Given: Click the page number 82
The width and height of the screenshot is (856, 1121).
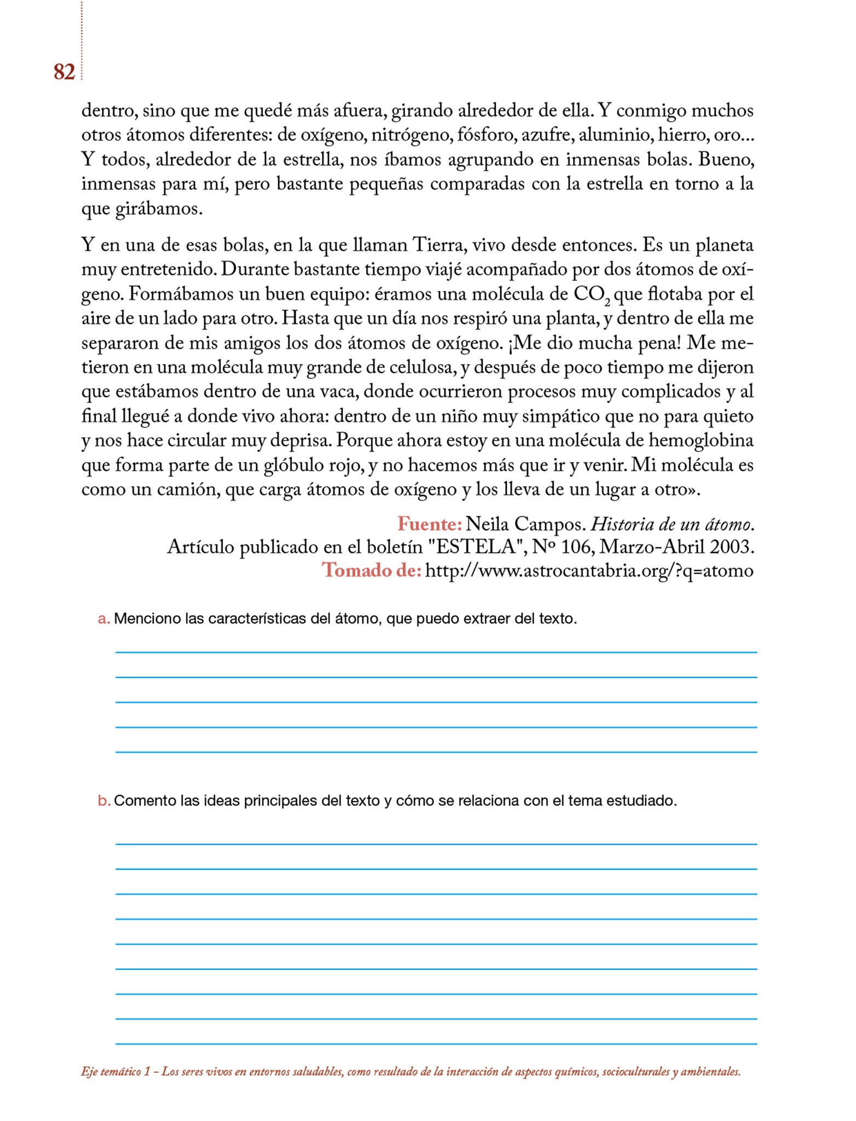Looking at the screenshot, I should click(64, 72).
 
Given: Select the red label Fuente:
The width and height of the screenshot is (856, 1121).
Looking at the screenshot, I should click(430, 524).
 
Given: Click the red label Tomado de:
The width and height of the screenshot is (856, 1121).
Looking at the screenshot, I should click(372, 570).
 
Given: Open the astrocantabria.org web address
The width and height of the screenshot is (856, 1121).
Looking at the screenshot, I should click(589, 570).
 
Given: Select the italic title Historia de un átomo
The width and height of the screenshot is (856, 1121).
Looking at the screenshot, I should click(673, 524).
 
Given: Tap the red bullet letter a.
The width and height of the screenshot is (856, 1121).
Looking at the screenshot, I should click(103, 619).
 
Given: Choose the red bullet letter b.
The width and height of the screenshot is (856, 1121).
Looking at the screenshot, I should click(103, 801).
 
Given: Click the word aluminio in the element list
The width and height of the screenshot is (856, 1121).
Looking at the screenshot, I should click(615, 135).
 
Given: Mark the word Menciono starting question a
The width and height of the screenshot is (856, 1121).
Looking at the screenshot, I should click(147, 619).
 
